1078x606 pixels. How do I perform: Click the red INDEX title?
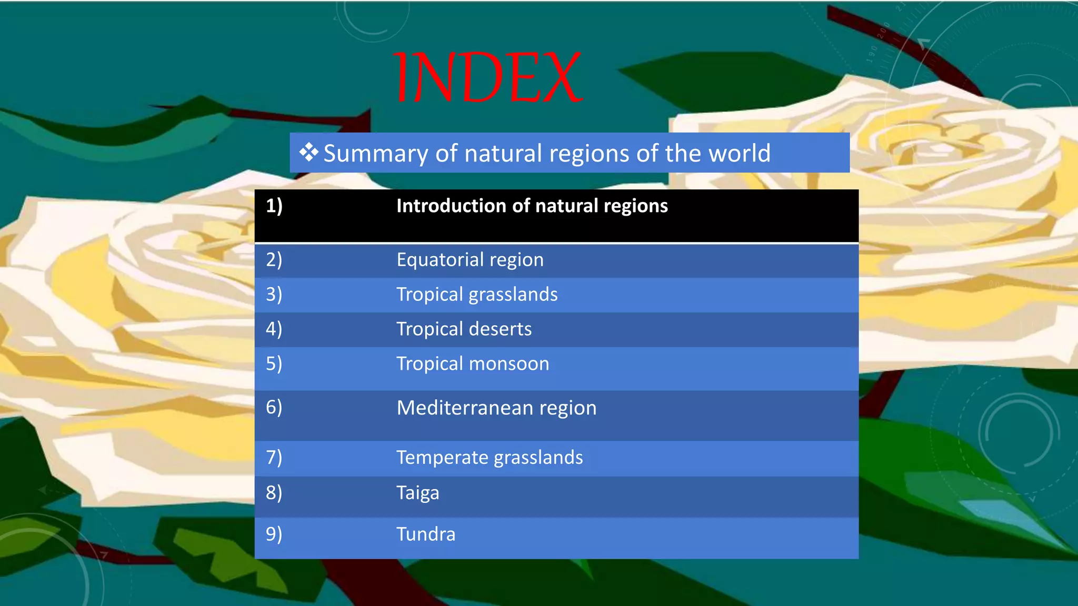tap(487, 77)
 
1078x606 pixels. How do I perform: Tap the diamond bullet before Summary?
tap(309, 153)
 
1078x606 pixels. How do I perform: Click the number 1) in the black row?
tap(274, 206)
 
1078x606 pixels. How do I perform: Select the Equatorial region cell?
tap(470, 260)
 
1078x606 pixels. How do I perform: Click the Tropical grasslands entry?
tap(477, 295)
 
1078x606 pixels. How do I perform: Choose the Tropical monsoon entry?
tap(472, 364)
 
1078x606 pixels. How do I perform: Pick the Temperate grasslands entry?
tap(489, 458)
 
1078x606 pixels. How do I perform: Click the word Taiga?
tap(417, 493)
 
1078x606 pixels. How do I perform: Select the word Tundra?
tap(425, 534)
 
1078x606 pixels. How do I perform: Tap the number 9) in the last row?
tap(274, 534)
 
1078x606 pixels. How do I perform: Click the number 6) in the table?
tap(274, 407)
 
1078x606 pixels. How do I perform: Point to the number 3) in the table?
tap(274, 294)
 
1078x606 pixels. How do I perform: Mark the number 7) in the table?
tap(274, 457)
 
